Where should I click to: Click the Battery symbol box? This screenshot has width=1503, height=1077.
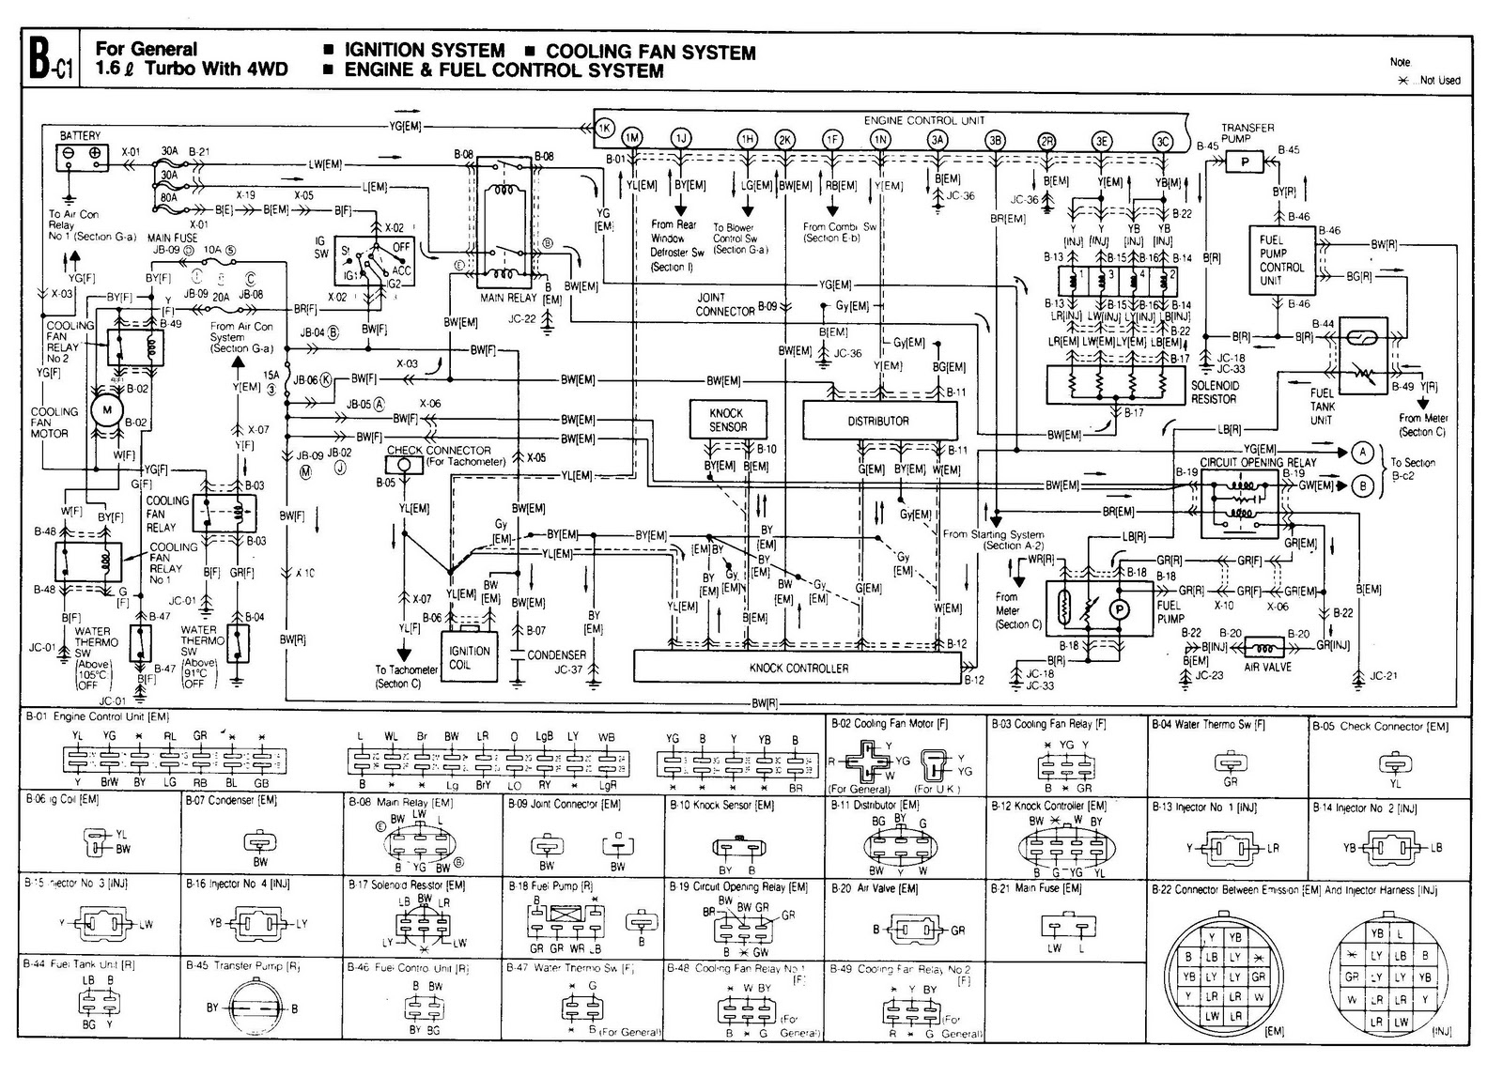[81, 157]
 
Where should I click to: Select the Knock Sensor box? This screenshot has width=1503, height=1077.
[726, 420]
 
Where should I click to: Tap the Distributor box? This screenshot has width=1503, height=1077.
[879, 421]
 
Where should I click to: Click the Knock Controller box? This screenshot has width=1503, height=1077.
[798, 668]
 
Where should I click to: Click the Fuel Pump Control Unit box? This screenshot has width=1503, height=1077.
[1281, 260]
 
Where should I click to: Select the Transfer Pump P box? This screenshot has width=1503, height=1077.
[1246, 162]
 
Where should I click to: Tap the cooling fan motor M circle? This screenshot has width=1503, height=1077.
[106, 409]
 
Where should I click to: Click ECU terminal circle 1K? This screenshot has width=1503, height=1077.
[606, 128]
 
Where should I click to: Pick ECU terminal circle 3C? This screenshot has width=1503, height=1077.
[1163, 141]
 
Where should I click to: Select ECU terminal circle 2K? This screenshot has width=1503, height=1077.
[785, 141]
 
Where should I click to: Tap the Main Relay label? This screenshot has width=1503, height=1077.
[508, 298]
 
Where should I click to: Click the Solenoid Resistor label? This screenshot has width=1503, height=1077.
[1215, 392]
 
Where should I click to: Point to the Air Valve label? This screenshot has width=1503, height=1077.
[1267, 667]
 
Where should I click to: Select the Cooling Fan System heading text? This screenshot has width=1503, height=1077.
[651, 53]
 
